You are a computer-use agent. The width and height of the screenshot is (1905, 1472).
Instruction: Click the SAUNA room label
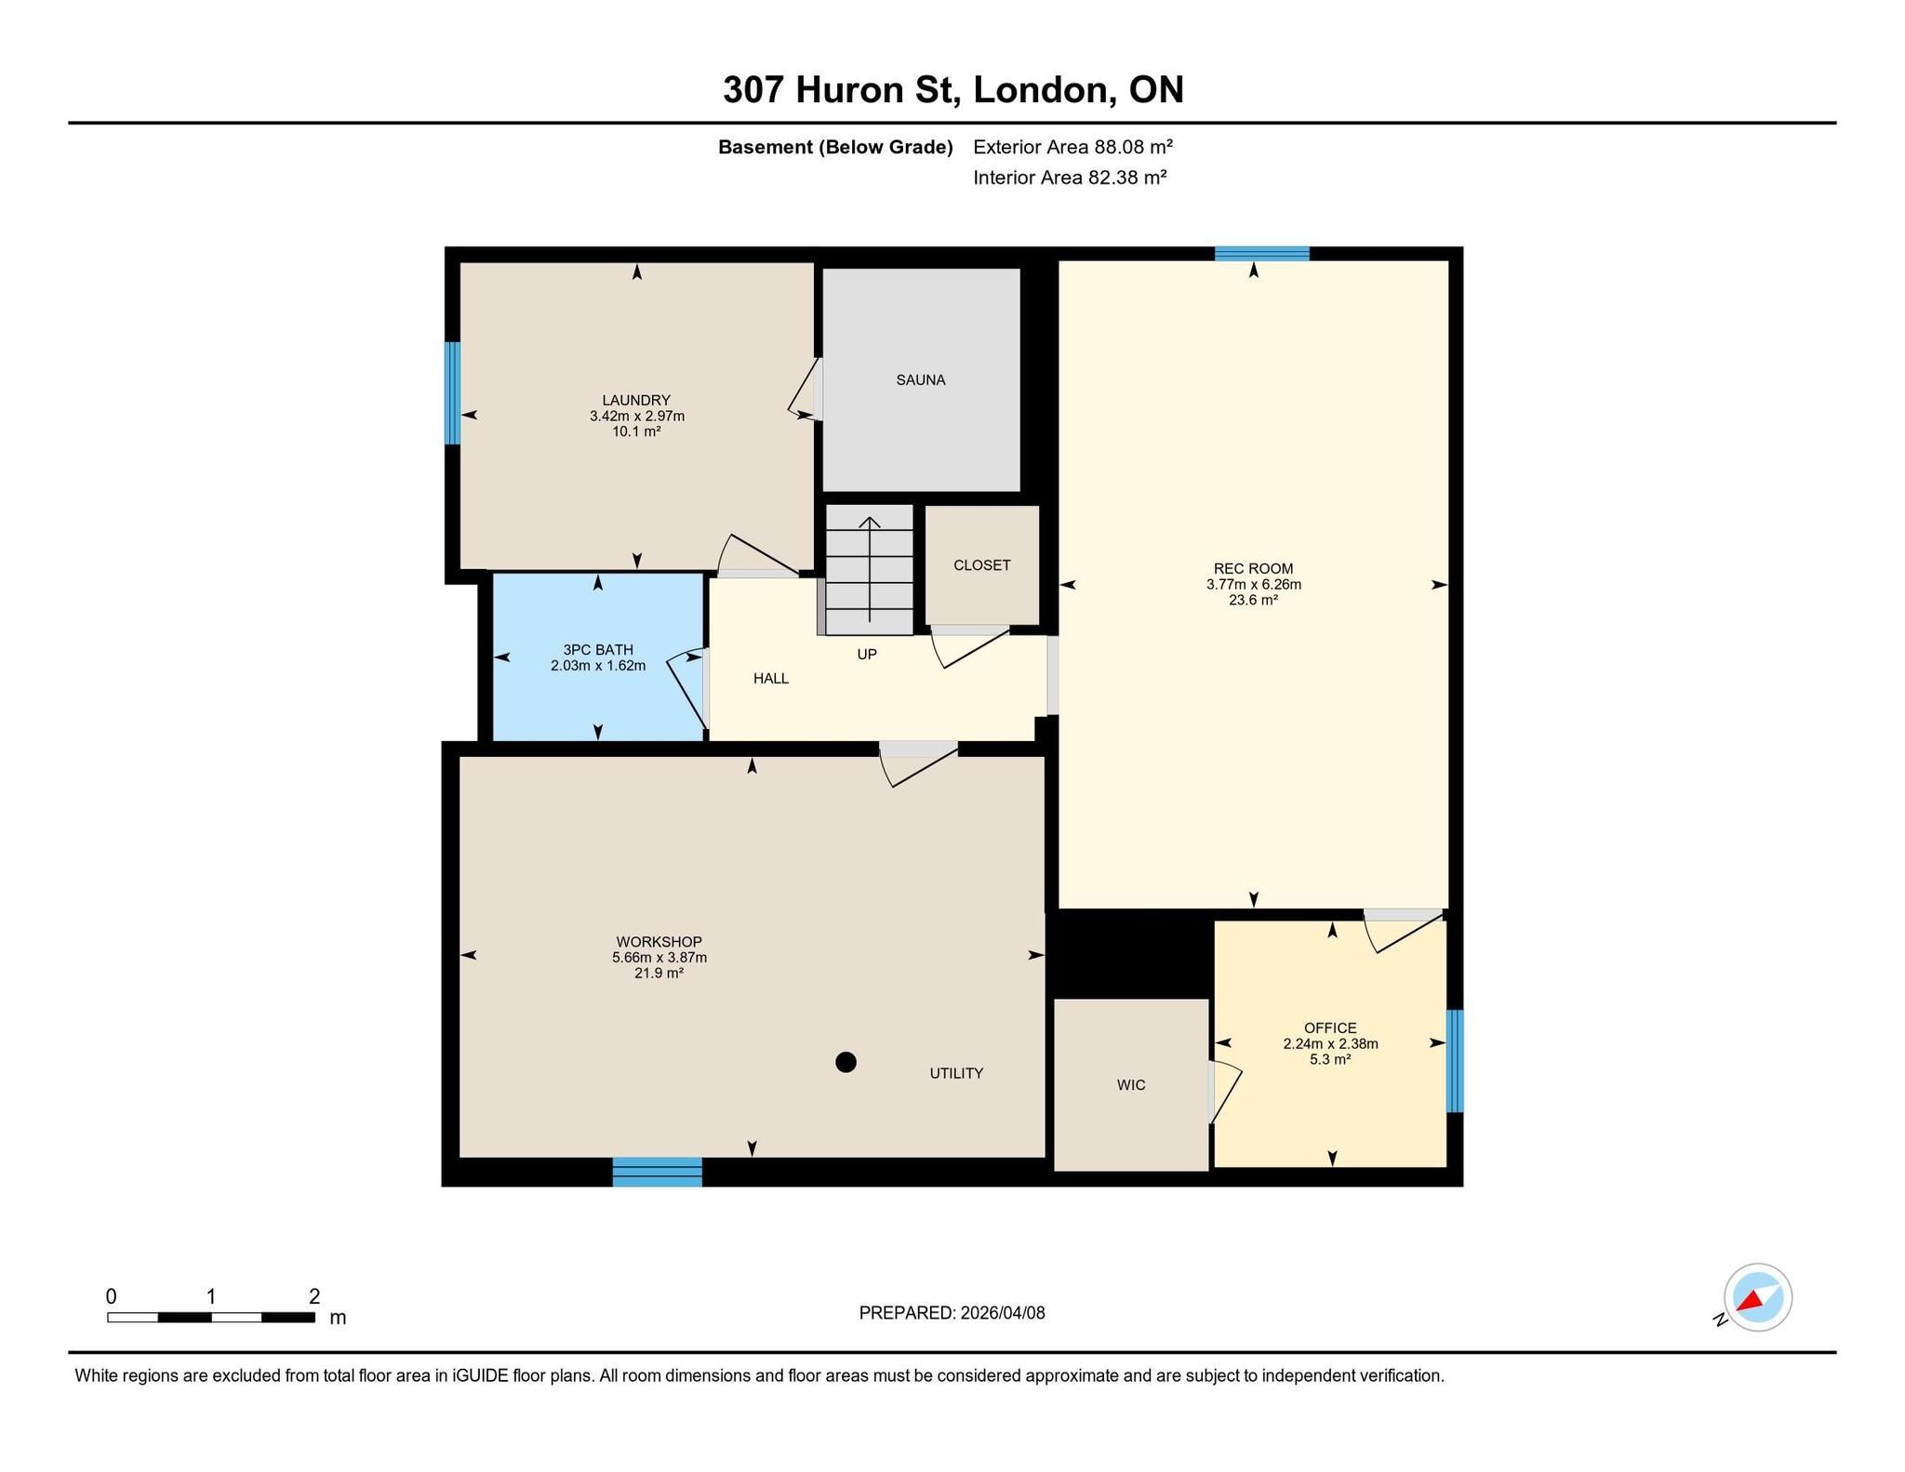coord(921,379)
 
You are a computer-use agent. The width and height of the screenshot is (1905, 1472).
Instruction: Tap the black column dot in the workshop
coord(846,1062)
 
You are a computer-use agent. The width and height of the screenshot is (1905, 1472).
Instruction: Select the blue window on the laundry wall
coord(453,392)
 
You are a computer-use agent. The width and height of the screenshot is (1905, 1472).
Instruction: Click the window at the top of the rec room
coord(1262,253)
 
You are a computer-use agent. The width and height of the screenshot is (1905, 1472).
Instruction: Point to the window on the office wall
coord(1455,1061)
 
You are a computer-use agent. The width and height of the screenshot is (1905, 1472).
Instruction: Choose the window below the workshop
coord(657,1172)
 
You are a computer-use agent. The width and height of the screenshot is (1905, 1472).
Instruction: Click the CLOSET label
coord(982,565)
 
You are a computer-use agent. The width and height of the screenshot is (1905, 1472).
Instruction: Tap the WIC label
coord(1131,1085)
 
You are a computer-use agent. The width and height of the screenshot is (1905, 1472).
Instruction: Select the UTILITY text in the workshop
coord(956,1073)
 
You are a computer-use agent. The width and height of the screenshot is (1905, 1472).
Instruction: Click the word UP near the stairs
coord(867,655)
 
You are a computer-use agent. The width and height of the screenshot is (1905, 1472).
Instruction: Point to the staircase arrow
coord(870,569)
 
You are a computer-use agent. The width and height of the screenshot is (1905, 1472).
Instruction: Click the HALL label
coord(771,679)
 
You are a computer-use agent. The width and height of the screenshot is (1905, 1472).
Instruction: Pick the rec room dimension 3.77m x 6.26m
coord(1254,585)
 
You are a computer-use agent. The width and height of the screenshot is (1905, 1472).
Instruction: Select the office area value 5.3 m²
coord(1330,1059)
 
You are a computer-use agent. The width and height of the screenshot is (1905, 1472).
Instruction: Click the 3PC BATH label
coord(598,650)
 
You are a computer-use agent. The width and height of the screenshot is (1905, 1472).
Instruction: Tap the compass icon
coord(1757,1298)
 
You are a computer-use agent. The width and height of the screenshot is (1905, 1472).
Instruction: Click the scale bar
coord(211,1317)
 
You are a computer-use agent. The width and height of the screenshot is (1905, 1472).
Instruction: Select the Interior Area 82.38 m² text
coord(1070,178)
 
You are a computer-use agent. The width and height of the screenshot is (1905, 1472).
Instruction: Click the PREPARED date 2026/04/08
coord(1003,1313)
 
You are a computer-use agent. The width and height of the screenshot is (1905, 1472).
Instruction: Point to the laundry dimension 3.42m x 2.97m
coord(637,417)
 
